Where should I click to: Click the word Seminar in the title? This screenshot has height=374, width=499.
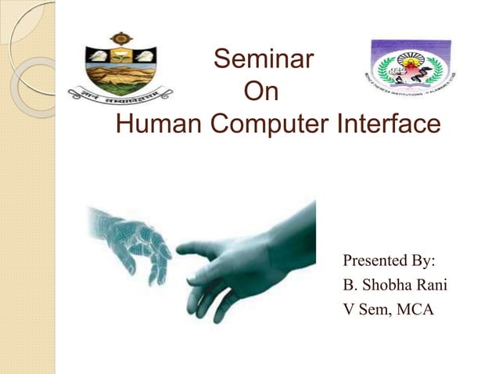[264, 59]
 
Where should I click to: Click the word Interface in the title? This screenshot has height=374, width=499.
[389, 125]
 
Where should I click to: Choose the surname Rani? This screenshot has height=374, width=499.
[432, 285]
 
